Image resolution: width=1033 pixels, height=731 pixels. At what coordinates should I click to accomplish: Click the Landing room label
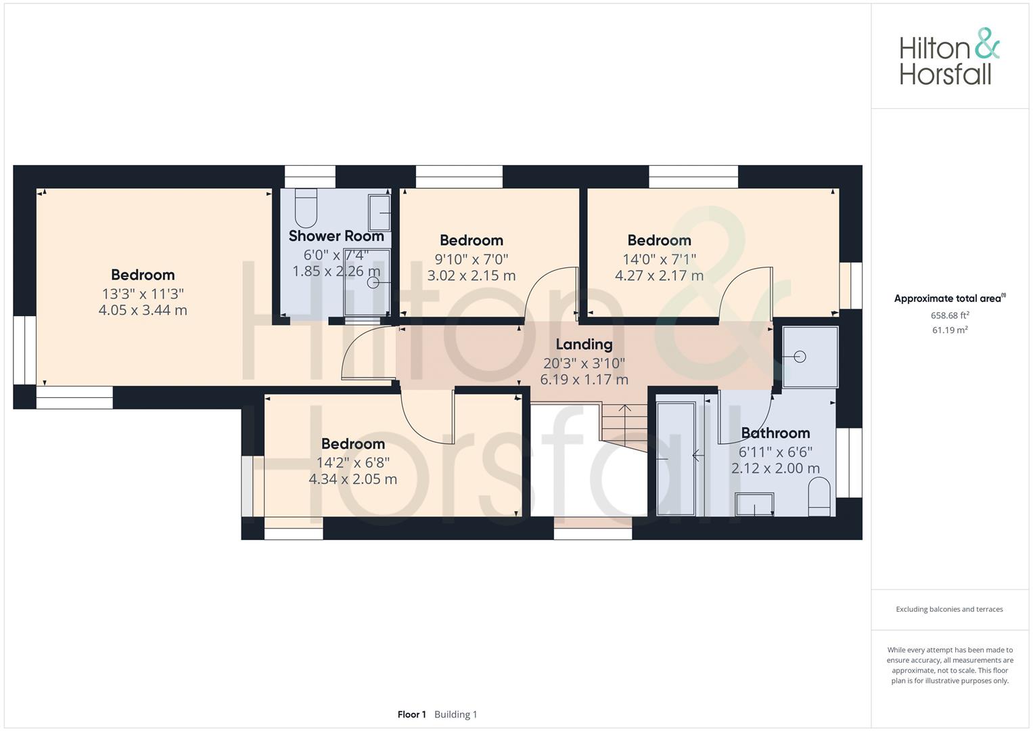coord(584,345)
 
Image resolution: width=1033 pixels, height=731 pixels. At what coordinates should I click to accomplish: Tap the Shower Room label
coord(336,236)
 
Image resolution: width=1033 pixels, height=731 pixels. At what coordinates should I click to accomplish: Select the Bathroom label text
coord(775,433)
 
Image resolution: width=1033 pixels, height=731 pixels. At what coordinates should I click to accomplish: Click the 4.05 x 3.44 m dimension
coord(143,310)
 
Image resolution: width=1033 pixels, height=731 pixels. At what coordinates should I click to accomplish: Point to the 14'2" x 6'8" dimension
coord(352,462)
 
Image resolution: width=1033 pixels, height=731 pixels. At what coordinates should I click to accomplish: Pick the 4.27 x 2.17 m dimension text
coord(659,275)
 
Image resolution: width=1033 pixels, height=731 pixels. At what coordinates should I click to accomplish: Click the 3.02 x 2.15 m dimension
coord(472,275)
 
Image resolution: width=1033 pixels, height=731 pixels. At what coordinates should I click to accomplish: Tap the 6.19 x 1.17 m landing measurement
coord(584,380)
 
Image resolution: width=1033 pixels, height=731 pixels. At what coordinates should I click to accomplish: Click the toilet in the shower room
coord(306,208)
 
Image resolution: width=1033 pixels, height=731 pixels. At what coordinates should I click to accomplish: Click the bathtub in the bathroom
coord(676,459)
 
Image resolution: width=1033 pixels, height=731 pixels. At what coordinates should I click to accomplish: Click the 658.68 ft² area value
coord(950,315)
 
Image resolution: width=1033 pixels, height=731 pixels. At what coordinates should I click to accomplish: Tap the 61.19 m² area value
coord(950,330)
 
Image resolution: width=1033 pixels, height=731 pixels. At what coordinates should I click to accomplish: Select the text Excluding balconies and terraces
coord(949,609)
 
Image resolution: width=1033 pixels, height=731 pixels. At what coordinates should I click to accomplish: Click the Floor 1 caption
coord(411,714)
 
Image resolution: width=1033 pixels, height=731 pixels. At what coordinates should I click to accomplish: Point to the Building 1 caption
coord(456,714)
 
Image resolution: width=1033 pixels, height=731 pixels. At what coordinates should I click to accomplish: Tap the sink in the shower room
coord(379,213)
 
